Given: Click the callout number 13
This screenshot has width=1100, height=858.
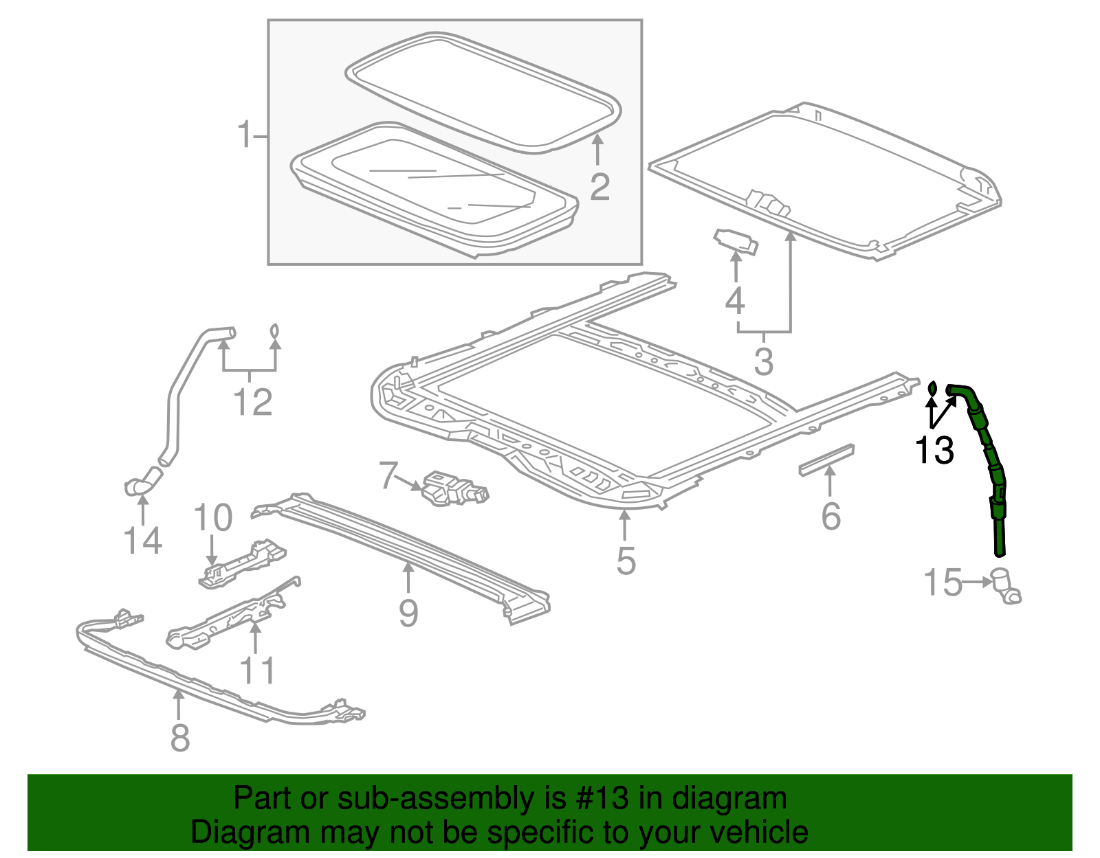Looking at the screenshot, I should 934,451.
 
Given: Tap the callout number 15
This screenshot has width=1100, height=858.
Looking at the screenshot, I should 943,583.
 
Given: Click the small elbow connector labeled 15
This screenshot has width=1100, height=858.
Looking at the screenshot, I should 1005,587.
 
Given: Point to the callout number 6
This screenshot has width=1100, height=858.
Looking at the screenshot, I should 830,516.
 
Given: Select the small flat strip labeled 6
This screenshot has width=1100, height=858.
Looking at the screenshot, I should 826,458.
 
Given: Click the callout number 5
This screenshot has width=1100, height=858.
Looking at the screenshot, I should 626,560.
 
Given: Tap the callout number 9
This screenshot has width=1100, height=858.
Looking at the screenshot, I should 408,612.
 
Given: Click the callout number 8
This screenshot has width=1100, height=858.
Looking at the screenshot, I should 179,737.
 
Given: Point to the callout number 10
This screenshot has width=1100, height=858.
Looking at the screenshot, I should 213,517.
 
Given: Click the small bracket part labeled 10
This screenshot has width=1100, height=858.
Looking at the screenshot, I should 242,564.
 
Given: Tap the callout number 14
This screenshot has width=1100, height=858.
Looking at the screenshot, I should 143,540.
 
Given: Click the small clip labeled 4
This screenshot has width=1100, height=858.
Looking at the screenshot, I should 736,241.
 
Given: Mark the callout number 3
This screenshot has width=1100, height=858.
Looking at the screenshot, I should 763,361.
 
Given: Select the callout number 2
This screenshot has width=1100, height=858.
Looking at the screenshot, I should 599,186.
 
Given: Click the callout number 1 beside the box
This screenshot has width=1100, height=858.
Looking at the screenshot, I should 244,135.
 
